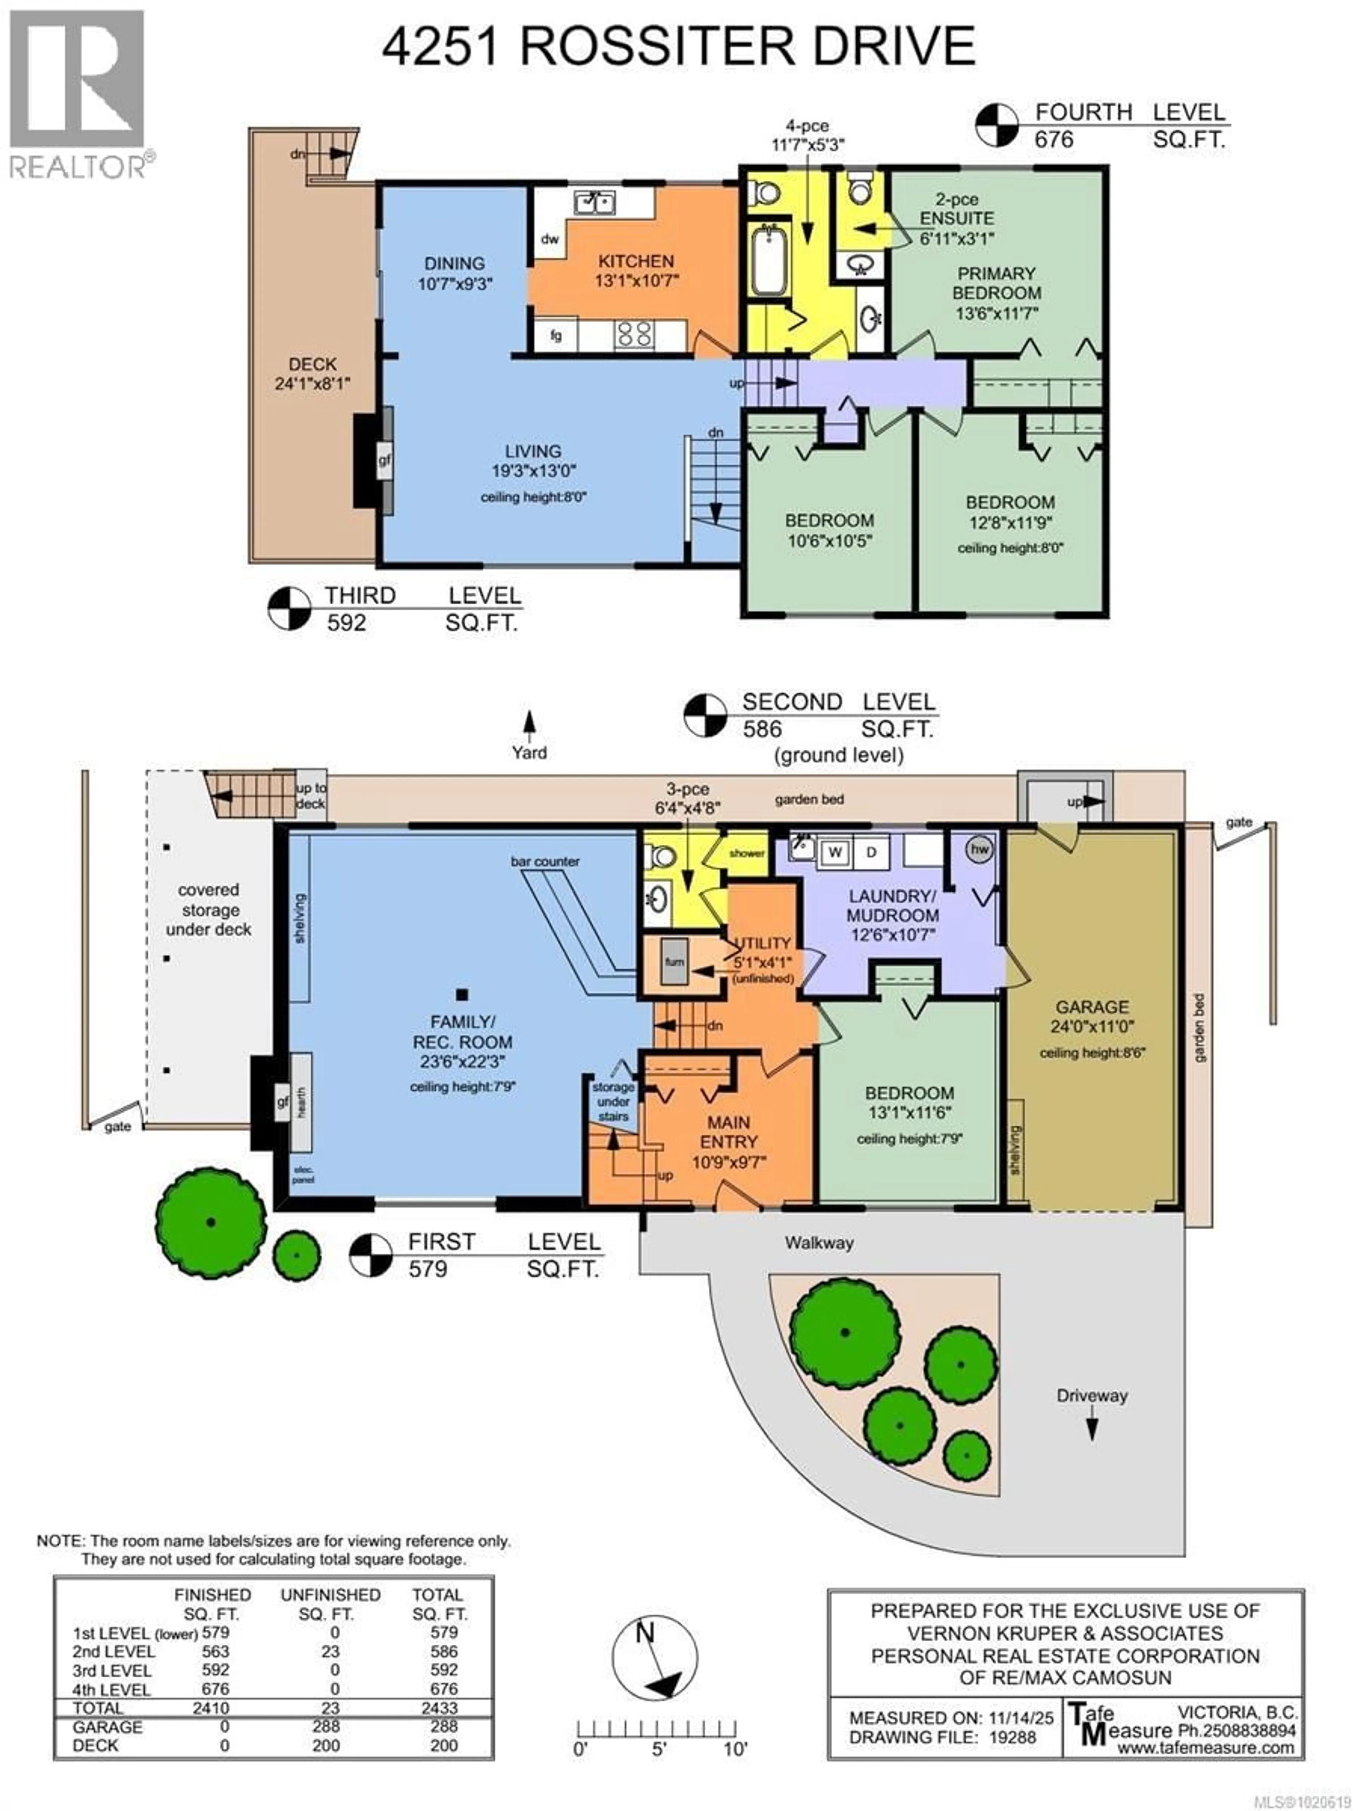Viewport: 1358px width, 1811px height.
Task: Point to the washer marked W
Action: pyautogui.click(x=835, y=851)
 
